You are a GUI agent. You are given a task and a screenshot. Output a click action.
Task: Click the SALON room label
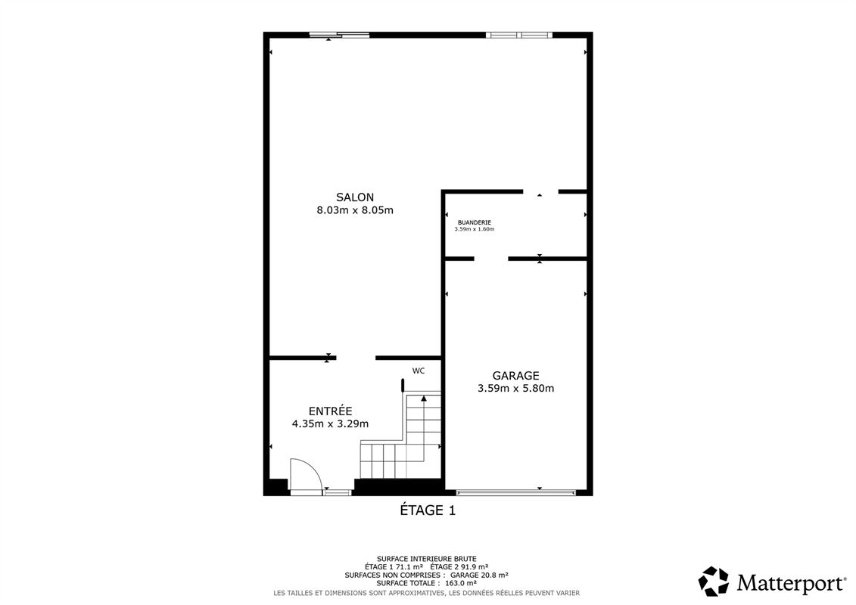[354, 197]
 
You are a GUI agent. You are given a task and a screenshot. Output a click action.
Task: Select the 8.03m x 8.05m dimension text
[354, 210]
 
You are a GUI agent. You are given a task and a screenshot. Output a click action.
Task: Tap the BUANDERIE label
[474, 222]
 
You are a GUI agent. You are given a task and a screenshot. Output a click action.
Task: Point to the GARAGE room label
[515, 375]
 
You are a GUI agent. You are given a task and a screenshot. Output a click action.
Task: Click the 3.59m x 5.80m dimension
[515, 389]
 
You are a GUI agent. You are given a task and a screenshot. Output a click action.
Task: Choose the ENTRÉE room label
[330, 411]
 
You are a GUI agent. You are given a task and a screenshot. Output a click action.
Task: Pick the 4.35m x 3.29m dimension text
[330, 424]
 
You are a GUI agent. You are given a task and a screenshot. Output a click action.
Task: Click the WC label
[418, 371]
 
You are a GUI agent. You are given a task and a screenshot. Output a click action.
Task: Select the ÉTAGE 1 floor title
[428, 510]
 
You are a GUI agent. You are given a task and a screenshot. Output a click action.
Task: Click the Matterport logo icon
[713, 582]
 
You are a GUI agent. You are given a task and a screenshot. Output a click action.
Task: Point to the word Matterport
[790, 583]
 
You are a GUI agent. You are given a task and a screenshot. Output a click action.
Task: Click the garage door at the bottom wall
[515, 492]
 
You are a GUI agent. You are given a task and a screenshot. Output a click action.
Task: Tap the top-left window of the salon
[339, 35]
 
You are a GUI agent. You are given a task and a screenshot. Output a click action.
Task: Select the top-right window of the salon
[518, 35]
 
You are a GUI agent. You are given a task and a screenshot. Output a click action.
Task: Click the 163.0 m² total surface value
[459, 583]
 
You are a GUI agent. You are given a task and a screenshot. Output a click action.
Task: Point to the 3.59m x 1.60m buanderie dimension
[474, 229]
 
